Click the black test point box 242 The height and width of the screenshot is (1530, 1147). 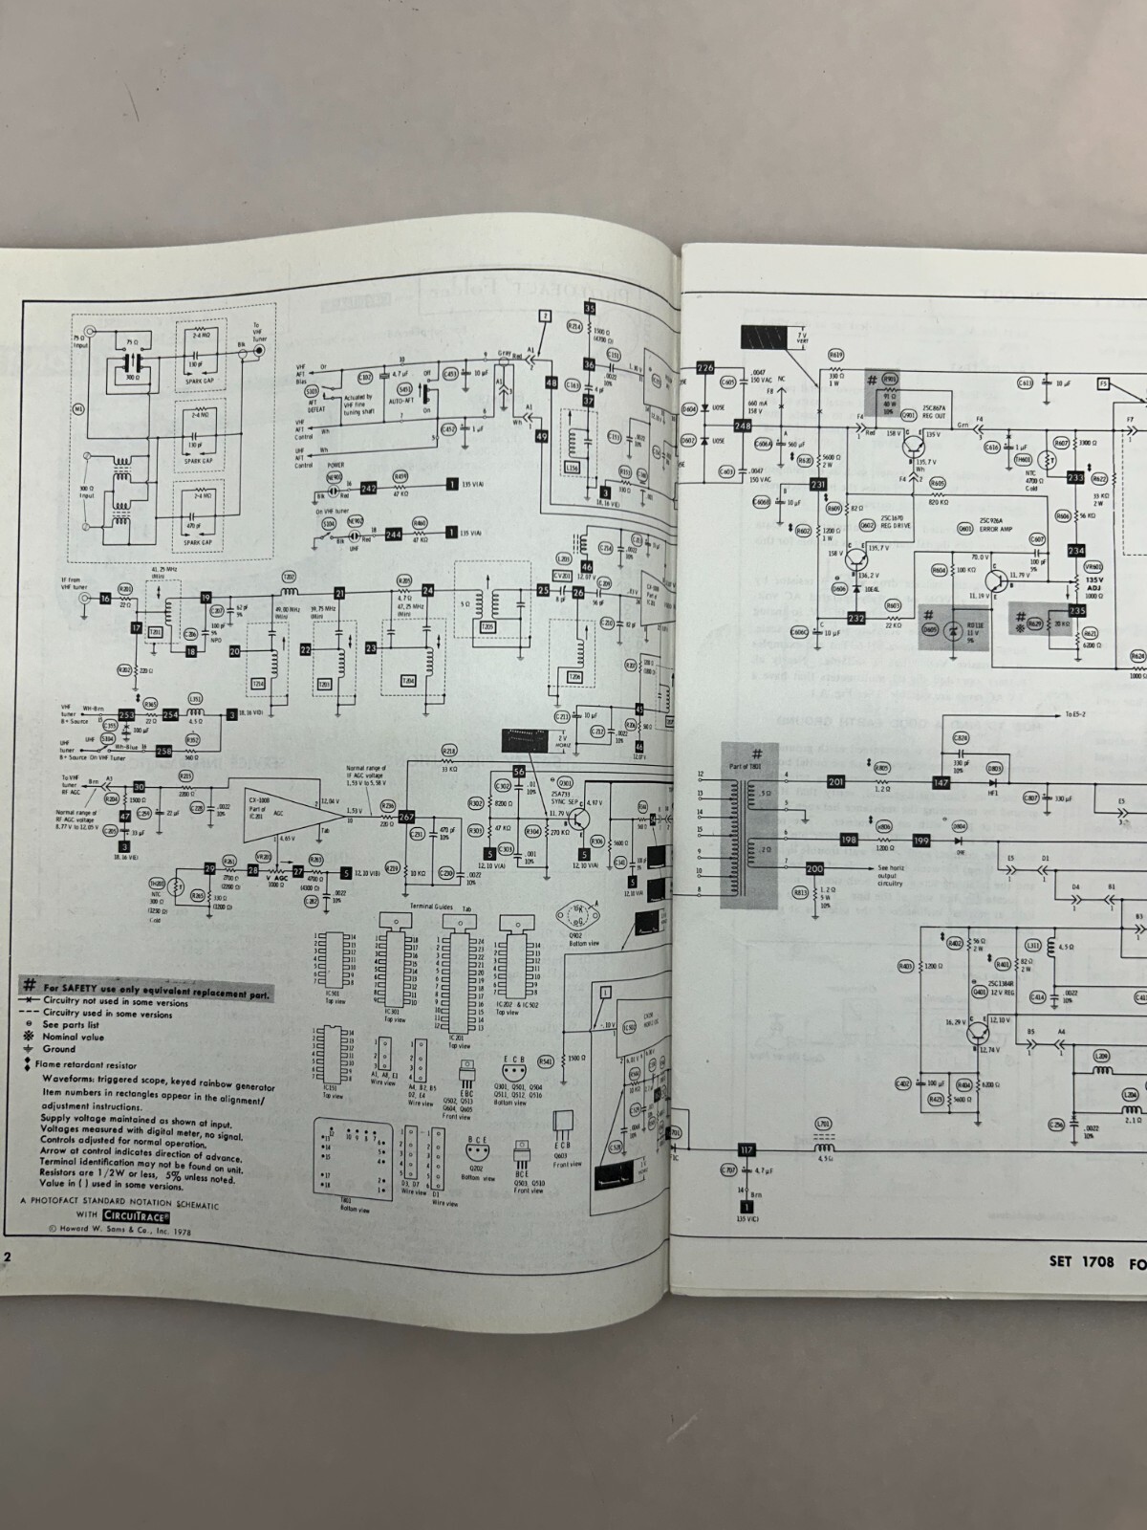pyautogui.click(x=369, y=489)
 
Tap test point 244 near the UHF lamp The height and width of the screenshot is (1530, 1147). pyautogui.click(x=393, y=535)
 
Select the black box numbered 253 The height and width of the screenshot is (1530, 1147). pyautogui.click(x=126, y=714)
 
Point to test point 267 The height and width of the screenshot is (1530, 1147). pyautogui.click(x=406, y=816)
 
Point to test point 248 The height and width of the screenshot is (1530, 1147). pyautogui.click(x=742, y=426)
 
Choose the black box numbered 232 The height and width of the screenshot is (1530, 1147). pyautogui.click(x=856, y=618)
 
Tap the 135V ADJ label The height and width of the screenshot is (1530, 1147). pyautogui.click(x=1093, y=580)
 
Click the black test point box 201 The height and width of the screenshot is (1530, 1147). pyautogui.click(x=836, y=781)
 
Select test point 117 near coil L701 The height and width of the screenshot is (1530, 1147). pyautogui.click(x=747, y=1149)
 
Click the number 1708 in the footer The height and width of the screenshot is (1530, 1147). pyautogui.click(x=1097, y=1288)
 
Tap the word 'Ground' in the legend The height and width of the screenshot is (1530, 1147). pyautogui.click(x=59, y=1049)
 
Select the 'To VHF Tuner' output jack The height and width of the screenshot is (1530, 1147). pyautogui.click(x=258, y=351)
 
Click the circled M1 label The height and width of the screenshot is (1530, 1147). pyautogui.click(x=79, y=408)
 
